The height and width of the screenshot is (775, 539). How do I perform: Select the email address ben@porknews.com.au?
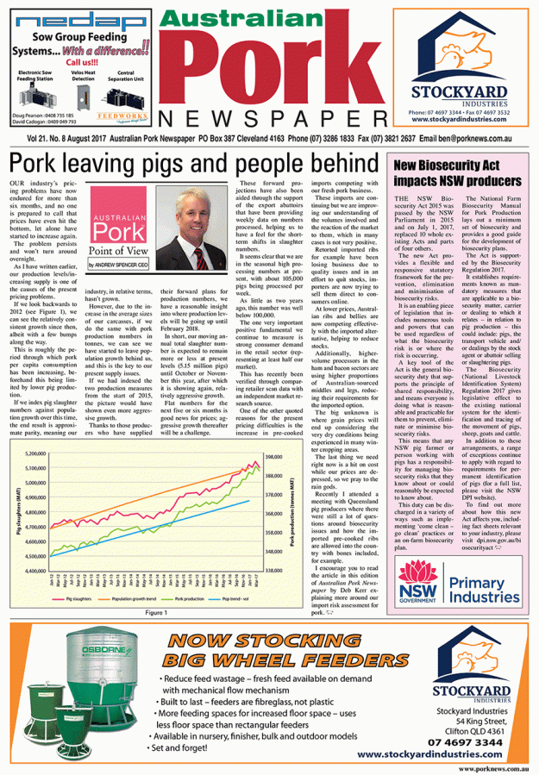pyautogui.click(x=463, y=138)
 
